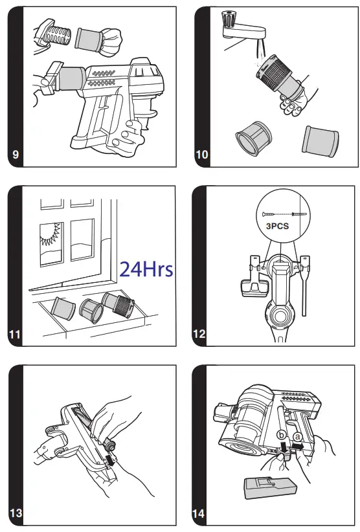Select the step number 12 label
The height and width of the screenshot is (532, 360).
[200, 334]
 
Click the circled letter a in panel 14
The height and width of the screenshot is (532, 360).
[297, 437]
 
